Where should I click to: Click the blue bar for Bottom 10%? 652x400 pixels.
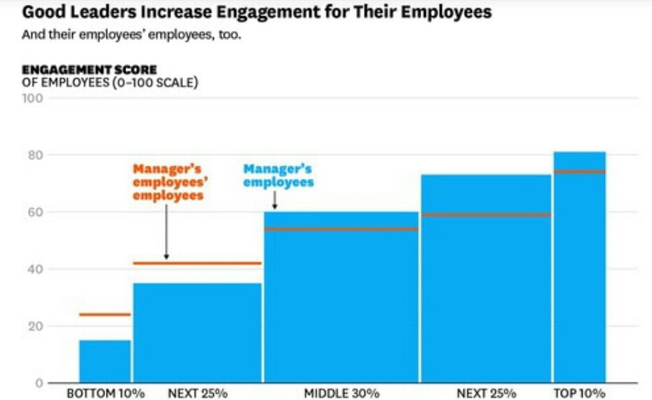coord(104,361)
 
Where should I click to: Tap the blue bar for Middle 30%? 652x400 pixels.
coord(341,302)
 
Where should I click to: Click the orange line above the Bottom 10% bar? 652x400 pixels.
coord(104,314)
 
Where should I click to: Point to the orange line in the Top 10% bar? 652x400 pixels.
coord(579,171)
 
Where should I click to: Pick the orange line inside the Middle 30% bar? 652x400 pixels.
coord(341,229)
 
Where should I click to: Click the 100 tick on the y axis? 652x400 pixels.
coord(36,98)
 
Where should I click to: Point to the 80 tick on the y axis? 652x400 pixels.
coord(36,155)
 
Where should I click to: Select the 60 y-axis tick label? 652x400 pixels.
coord(36,212)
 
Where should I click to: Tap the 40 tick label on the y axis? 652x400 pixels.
coord(36,269)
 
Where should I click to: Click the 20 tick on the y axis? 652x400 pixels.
coord(36,326)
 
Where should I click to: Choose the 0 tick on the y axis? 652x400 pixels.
coord(39,383)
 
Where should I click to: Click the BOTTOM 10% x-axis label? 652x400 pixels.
coord(105,393)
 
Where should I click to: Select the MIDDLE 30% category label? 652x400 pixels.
coord(341,393)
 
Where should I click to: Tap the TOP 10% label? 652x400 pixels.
coord(579,393)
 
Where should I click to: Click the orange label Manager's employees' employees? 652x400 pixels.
coord(168,182)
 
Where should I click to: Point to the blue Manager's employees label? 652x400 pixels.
coord(278,175)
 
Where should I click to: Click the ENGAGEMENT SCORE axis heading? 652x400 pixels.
coord(89,69)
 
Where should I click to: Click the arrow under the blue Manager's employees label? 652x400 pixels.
coord(275,201)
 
